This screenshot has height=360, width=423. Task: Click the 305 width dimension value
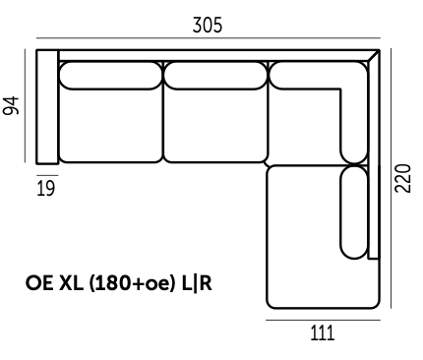(x=208, y=26)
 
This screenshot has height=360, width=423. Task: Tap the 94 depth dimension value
(x=11, y=106)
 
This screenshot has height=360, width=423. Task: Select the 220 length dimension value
(x=402, y=178)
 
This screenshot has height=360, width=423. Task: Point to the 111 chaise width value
(x=323, y=333)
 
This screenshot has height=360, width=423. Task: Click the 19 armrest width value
(x=46, y=189)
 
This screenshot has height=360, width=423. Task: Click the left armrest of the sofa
(x=47, y=106)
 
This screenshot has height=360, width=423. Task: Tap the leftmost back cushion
(x=110, y=76)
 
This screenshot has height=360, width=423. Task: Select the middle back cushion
(x=215, y=76)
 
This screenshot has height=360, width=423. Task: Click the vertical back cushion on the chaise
(x=354, y=212)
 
